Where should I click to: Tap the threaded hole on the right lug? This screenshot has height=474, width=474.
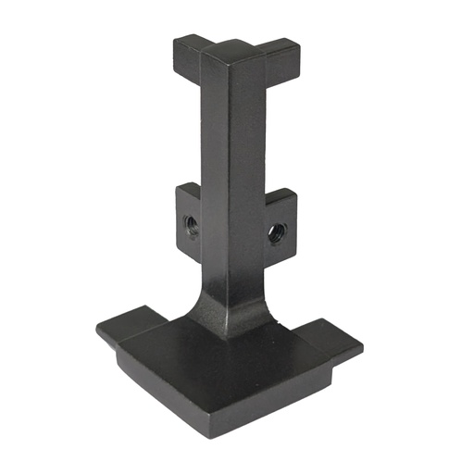coord(275,231)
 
